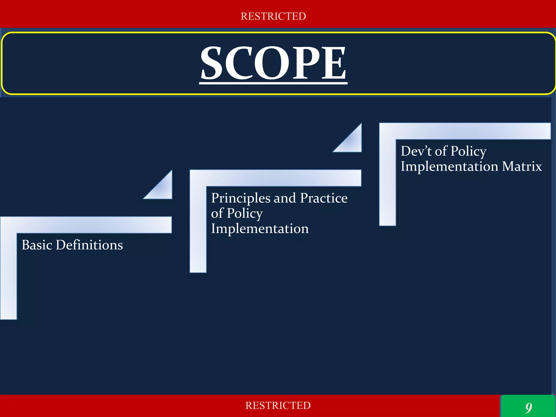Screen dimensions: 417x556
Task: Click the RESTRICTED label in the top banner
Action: click(273, 16)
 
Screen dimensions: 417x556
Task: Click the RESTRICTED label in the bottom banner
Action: click(278, 405)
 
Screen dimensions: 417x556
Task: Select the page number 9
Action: click(528, 407)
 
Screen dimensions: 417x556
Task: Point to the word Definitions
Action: click(89, 245)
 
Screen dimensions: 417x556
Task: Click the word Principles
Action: click(241, 198)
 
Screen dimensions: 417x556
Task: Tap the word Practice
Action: click(324, 198)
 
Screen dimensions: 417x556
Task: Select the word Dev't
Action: click(416, 151)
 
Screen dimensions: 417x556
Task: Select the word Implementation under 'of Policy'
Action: click(260, 229)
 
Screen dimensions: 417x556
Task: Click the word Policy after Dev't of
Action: click(469, 151)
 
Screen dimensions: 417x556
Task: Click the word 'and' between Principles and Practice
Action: click(285, 198)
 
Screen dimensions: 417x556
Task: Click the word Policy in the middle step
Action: click(245, 214)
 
